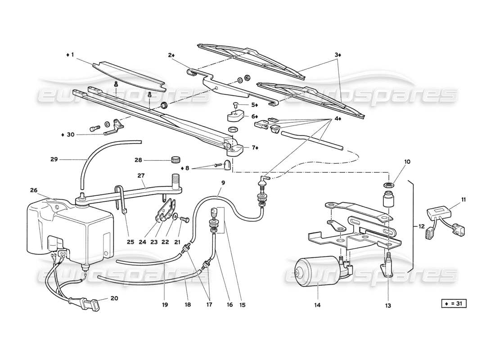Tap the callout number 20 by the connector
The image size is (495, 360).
coord(114,297)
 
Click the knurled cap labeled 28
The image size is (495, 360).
coord(176,159)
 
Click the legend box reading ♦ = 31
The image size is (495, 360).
coord(454,304)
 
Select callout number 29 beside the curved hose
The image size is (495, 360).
coord(54,159)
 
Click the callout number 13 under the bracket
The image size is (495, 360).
coord(388,305)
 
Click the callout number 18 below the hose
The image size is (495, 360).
coord(188,305)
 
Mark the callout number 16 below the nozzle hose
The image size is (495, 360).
coord(230,305)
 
